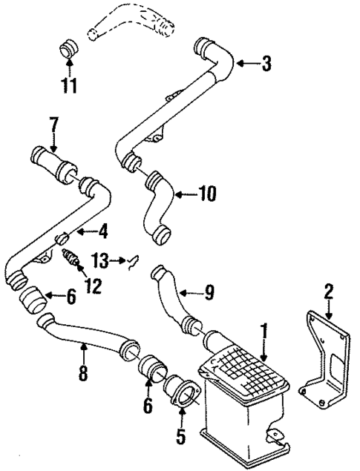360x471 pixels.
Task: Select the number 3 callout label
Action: (266, 64)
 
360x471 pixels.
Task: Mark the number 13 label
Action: (100, 260)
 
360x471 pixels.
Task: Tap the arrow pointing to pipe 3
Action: (247, 64)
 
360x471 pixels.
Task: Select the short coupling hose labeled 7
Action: (53, 161)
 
